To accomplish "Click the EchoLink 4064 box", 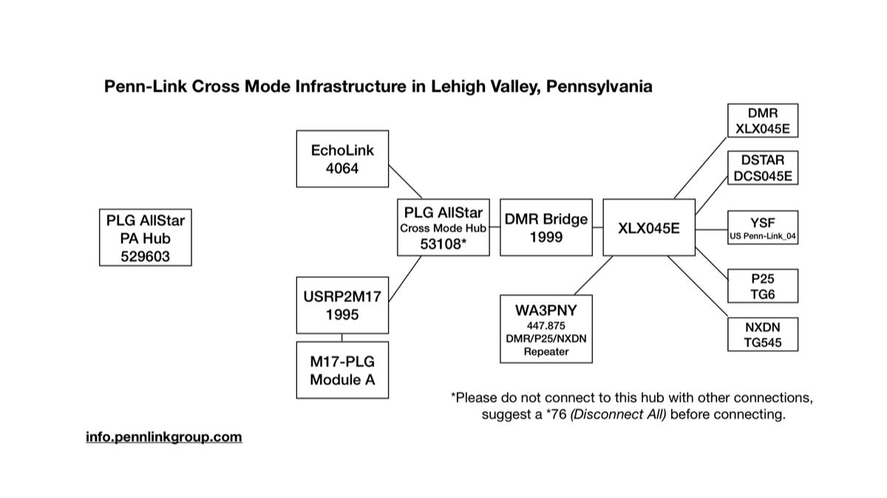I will (342, 159).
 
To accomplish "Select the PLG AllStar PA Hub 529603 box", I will (146, 237).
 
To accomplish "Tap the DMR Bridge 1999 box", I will (546, 228).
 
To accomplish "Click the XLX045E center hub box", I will (649, 228).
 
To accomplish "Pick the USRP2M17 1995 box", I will (342, 305).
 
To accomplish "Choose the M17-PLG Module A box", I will (342, 369).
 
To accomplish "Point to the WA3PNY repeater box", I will (546, 329).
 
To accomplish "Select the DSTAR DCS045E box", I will (763, 168).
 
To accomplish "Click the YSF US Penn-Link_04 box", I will (763, 228).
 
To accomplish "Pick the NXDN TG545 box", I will (763, 334).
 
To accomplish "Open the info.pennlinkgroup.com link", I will (163, 437).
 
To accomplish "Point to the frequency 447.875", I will (546, 325).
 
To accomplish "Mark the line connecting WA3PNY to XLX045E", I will (594, 275).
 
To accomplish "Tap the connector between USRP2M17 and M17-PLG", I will (342, 337).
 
